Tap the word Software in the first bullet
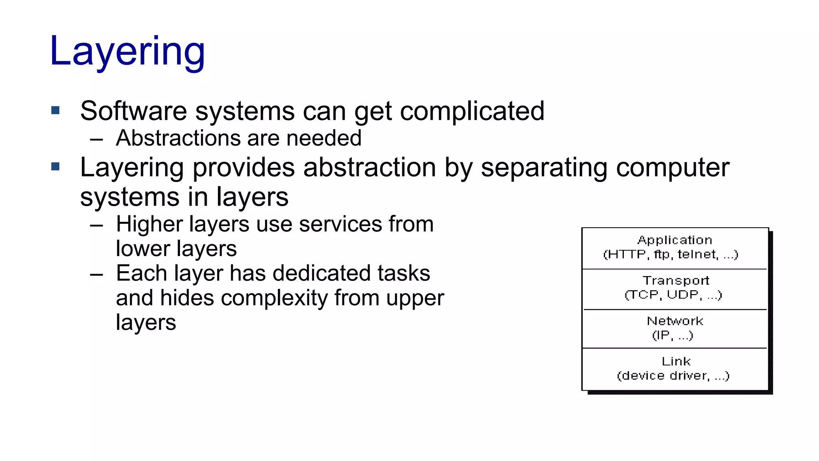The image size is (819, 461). tap(133, 111)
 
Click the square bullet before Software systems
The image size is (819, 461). tap(56, 110)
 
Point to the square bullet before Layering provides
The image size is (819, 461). tap(56, 166)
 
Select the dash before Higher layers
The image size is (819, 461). tap(96, 226)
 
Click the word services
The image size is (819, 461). tap(340, 224)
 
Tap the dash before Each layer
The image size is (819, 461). tap(96, 275)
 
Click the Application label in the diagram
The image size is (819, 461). tap(675, 240)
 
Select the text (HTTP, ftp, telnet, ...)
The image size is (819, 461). tap(671, 255)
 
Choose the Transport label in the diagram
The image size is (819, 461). tap(676, 281)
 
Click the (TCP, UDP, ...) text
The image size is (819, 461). tap(673, 295)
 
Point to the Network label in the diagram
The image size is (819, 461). tap(675, 321)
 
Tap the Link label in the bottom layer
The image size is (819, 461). tap(676, 361)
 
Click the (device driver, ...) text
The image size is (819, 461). tap(673, 376)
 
